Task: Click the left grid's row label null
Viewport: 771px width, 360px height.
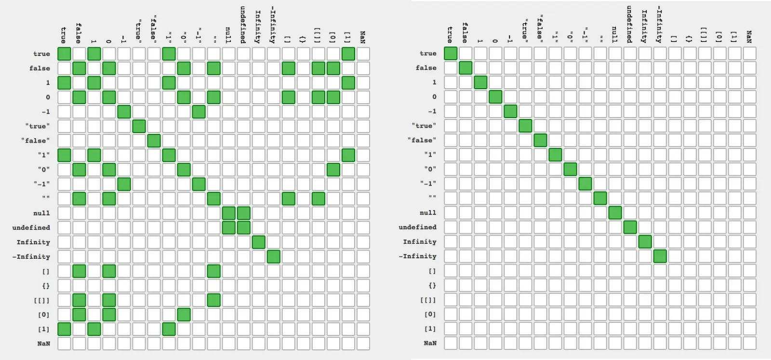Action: [41, 213]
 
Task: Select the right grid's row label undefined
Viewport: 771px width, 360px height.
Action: [417, 227]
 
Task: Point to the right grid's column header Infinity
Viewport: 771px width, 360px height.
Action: [645, 27]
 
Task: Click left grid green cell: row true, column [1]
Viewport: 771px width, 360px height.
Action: [348, 53]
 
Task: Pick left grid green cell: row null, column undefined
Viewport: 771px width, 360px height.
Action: [244, 213]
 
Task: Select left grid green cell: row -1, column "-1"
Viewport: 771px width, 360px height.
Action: [199, 112]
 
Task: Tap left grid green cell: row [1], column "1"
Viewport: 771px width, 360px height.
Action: [169, 329]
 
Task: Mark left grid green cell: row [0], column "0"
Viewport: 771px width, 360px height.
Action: [184, 315]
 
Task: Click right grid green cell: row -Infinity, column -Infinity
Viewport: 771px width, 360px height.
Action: [660, 256]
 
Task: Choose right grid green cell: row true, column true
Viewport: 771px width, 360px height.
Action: [451, 53]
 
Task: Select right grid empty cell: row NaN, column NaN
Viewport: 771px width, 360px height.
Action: [749, 343]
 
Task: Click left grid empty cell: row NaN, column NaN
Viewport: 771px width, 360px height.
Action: [363, 344]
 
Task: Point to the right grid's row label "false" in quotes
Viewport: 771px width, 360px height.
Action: [422, 140]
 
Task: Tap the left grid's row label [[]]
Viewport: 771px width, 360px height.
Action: [41, 300]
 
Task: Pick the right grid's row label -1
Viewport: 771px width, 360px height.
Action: [432, 111]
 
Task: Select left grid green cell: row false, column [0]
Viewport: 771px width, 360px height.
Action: [333, 68]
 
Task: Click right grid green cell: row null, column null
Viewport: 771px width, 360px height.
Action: [615, 213]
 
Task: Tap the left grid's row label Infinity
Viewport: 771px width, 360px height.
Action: [33, 242]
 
